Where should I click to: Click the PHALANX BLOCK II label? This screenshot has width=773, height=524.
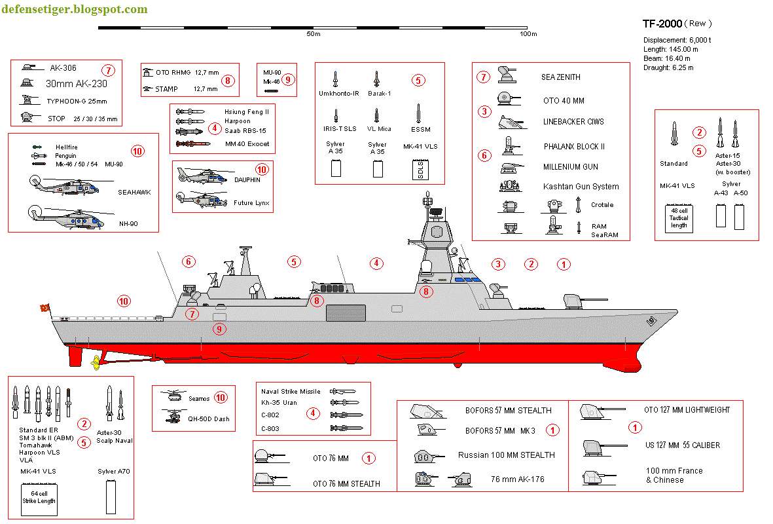(574, 146)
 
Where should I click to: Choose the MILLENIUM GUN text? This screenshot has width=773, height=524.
(570, 167)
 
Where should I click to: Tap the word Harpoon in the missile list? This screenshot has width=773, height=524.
(237, 121)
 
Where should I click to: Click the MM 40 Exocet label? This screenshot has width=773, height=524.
(247, 143)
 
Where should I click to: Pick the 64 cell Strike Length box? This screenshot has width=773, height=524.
(39, 496)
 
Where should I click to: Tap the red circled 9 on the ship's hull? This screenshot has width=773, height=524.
(220, 329)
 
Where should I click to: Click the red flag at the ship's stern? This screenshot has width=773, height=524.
(45, 309)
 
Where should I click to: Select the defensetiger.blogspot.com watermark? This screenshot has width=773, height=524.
(74, 9)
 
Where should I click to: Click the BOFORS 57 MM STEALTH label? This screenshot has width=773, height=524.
(508, 411)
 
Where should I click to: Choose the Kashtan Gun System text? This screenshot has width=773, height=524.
(581, 187)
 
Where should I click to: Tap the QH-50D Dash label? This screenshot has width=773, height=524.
(209, 419)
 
